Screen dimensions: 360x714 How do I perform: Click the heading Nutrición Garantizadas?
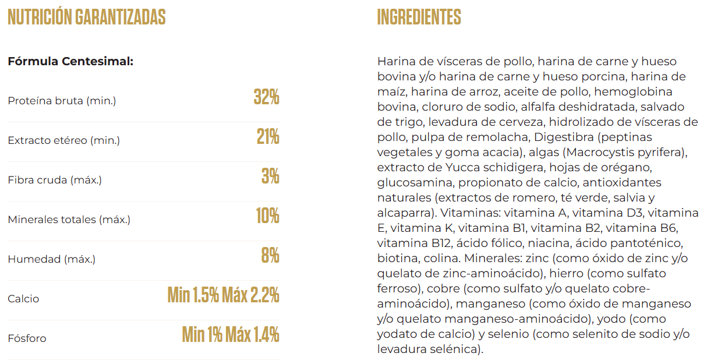pyautogui.click(x=86, y=17)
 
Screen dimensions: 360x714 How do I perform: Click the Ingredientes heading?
pyautogui.click(x=419, y=17)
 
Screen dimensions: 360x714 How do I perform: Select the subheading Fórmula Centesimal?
pyautogui.click(x=70, y=61)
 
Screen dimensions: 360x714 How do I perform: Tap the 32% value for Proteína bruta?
pyautogui.click(x=266, y=97)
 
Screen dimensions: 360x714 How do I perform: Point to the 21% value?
pyautogui.click(x=268, y=137)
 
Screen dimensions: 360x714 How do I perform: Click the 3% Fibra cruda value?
pyautogui.click(x=270, y=177)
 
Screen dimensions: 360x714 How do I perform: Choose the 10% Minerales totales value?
pyautogui.click(x=267, y=216)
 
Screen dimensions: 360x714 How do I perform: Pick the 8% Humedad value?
pyautogui.click(x=270, y=256)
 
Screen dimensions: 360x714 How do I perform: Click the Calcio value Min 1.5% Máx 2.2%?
pyautogui.click(x=223, y=295)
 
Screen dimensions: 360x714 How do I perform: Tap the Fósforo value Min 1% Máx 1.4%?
pyautogui.click(x=231, y=335)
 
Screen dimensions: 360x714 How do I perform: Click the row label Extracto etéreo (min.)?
pyautogui.click(x=63, y=140)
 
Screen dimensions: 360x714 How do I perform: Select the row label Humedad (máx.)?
pyautogui.click(x=51, y=259)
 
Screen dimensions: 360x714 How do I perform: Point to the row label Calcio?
pyautogui.click(x=23, y=299)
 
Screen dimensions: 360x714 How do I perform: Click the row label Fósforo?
pyautogui.click(x=27, y=338)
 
